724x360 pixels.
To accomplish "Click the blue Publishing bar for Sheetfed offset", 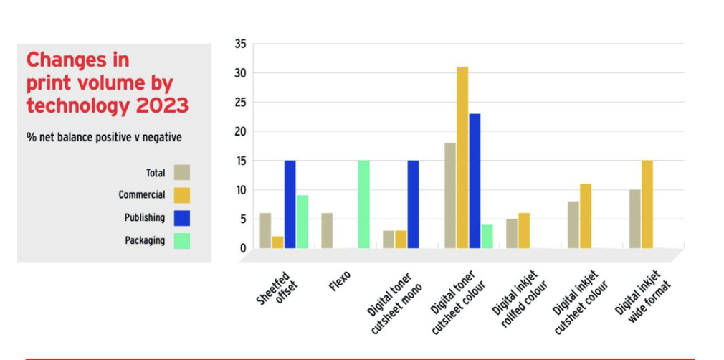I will click(x=290, y=204).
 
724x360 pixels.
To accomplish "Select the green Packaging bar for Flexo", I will click(x=363, y=204).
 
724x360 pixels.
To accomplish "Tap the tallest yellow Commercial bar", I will click(x=462, y=158).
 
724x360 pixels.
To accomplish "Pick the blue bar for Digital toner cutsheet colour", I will click(x=475, y=181).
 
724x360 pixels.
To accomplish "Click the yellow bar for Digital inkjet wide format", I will click(x=647, y=204).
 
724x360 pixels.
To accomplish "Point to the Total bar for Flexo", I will click(x=327, y=231).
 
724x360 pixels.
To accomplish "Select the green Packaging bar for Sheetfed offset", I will click(x=302, y=222).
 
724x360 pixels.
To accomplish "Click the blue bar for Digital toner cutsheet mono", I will click(x=413, y=204).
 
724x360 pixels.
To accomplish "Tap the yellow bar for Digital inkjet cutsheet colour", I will click(x=585, y=216).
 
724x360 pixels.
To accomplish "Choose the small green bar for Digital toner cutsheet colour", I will click(x=487, y=237).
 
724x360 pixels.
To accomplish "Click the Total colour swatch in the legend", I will click(x=181, y=172).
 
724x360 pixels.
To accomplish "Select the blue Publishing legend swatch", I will click(x=181, y=217).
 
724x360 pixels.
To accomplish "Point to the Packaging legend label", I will click(x=145, y=240).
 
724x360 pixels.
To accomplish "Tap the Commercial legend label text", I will click(x=142, y=195).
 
